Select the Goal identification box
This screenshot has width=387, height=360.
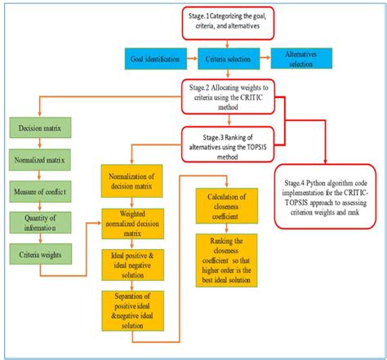point(156,59)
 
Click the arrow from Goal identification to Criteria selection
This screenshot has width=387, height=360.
point(190,59)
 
